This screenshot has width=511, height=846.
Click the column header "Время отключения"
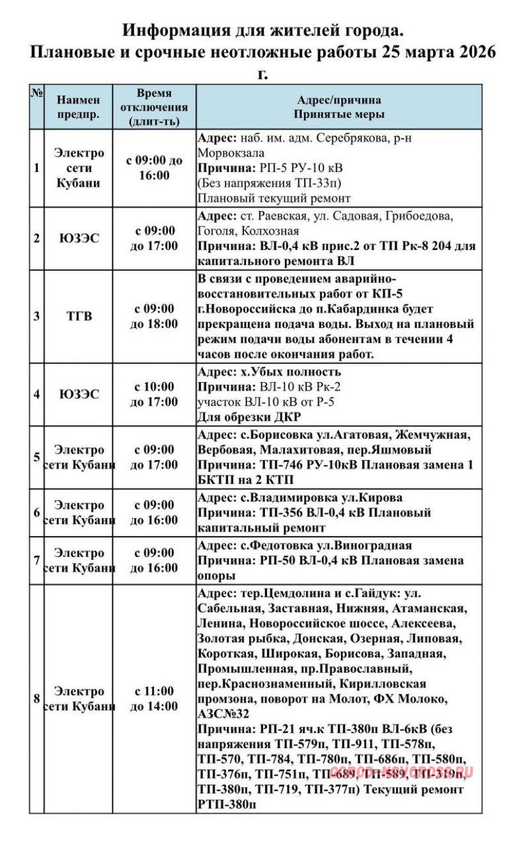click(153, 107)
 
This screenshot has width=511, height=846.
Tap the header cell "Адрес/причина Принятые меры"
click(339, 107)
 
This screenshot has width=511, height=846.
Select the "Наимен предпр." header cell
click(79, 107)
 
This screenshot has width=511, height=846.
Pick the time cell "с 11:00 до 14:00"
click(153, 698)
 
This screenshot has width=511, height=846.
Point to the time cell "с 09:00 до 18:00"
click(153, 316)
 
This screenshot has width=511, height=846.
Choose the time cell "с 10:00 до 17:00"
click(153, 394)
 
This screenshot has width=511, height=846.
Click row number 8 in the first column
click(36, 698)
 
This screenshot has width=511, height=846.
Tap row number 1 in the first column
click(36, 168)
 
